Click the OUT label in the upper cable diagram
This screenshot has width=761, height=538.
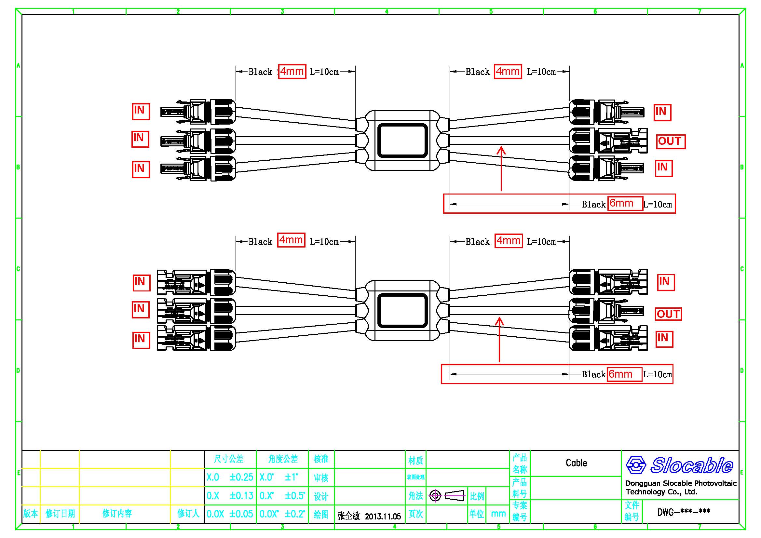pos(671,141)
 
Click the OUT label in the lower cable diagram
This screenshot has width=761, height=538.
pos(668,314)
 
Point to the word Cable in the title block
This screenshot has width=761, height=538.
pos(576,463)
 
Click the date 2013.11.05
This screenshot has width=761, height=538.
pos(383,516)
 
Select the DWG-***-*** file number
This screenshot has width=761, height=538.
pos(684,512)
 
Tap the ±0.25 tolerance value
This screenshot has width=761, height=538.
pos(241,477)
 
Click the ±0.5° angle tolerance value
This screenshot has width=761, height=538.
pos(295,496)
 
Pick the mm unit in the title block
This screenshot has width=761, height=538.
pos(498,514)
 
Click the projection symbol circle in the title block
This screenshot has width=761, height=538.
pos(435,496)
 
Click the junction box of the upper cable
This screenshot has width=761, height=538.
pos(402,141)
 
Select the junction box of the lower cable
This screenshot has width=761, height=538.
pos(402,310)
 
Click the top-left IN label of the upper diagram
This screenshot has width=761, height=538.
pos(141,111)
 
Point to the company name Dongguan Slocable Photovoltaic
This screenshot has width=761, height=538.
pos(681,483)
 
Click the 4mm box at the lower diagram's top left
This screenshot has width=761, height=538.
pos(291,240)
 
